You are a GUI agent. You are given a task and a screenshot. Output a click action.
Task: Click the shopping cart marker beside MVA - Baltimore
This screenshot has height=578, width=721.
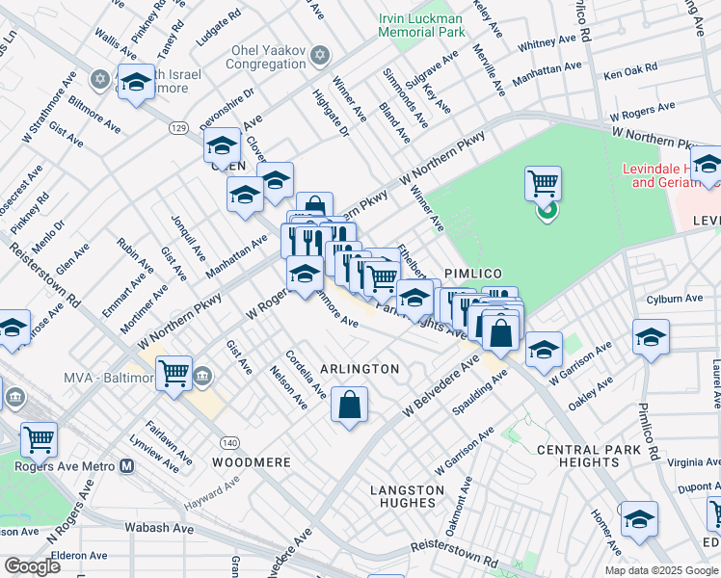tap(174, 373)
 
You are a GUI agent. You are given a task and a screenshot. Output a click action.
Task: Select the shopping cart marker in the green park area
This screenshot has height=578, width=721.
tap(544, 183)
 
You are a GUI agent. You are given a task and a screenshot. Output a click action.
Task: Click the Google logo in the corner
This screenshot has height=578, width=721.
tap(32, 566)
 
